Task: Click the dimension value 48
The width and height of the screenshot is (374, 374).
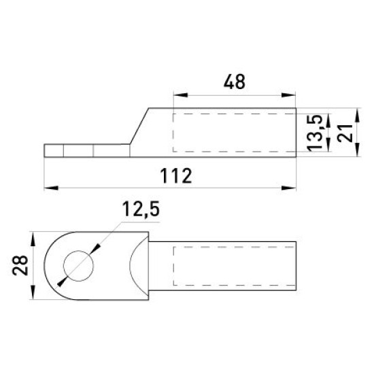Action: coord(234,82)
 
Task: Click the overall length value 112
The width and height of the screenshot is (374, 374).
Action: coord(176,176)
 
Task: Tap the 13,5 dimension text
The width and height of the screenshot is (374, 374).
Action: coord(315,133)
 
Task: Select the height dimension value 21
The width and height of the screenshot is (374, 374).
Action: coord(345,133)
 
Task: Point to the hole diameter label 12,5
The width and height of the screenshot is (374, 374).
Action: coord(141,209)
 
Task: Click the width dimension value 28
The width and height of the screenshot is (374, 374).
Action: coord(20,265)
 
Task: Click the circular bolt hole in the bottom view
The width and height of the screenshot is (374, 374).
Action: coord(78,266)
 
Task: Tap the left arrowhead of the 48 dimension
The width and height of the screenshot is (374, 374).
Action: coord(181,95)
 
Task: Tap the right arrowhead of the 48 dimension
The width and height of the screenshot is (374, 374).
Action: coord(288,95)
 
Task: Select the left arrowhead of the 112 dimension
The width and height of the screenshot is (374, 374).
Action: coord(51,188)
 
